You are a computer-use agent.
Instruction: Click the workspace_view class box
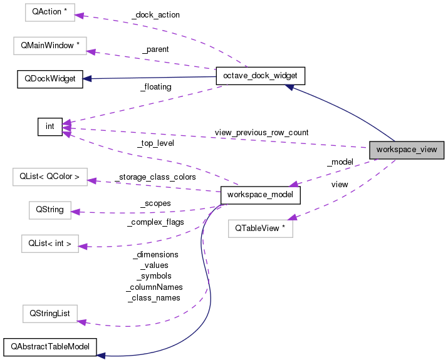pos(407,150)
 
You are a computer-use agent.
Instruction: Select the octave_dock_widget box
pos(260,76)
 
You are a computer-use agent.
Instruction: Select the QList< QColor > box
pos(50,177)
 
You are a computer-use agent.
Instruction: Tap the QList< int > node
pos(49,244)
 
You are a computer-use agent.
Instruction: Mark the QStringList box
pos(48,312)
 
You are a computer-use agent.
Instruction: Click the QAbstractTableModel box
pos(50,346)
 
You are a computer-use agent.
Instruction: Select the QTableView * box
pos(260,229)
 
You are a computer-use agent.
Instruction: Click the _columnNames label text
pos(153,287)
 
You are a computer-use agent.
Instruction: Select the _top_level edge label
pos(155,143)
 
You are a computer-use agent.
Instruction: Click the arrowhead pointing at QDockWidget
pos(88,79)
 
